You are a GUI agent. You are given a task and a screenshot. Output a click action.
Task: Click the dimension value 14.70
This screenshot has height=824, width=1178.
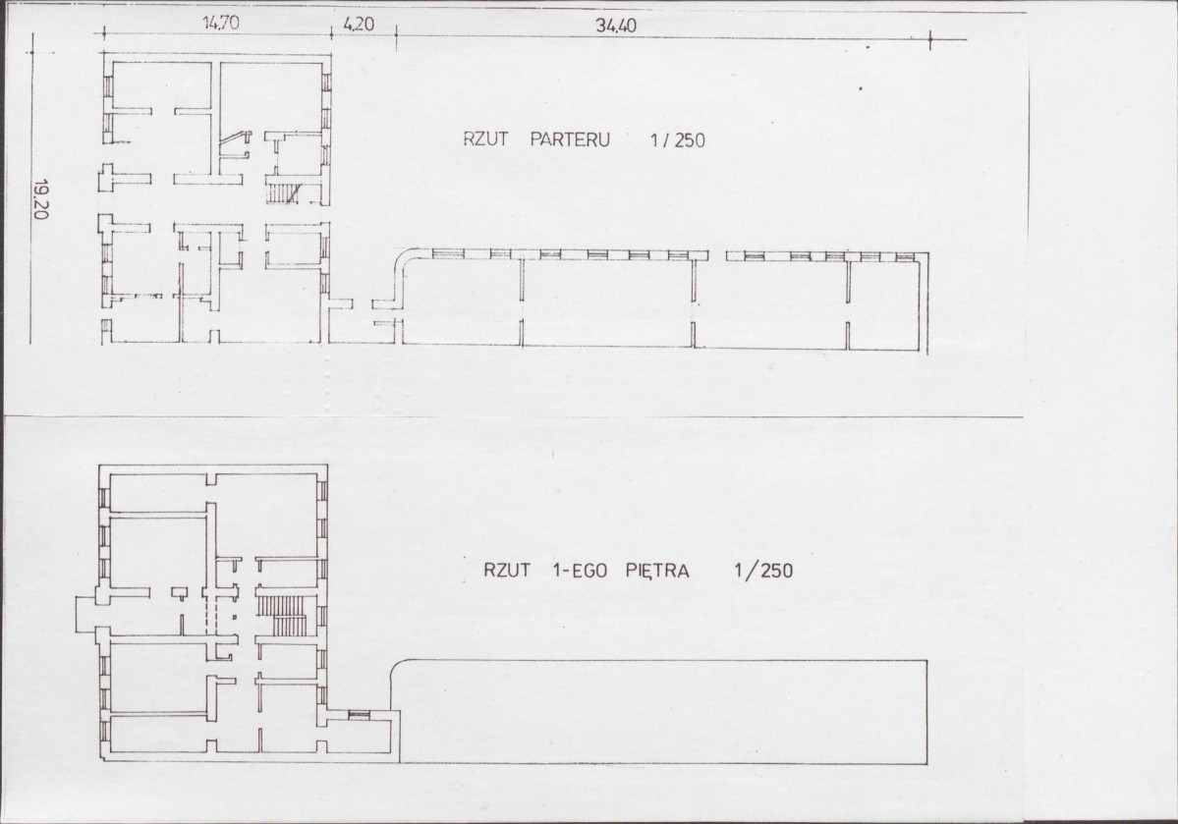(222, 27)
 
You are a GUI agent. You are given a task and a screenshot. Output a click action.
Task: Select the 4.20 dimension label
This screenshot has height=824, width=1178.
(360, 27)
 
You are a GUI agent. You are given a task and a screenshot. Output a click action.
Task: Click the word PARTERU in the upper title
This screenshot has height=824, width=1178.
(570, 140)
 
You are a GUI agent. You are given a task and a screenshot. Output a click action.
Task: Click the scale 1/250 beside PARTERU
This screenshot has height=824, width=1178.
(677, 140)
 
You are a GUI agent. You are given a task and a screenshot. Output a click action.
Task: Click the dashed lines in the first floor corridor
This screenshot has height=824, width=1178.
(207, 617)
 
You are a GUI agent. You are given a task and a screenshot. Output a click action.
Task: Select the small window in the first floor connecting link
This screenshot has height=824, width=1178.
(360, 714)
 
